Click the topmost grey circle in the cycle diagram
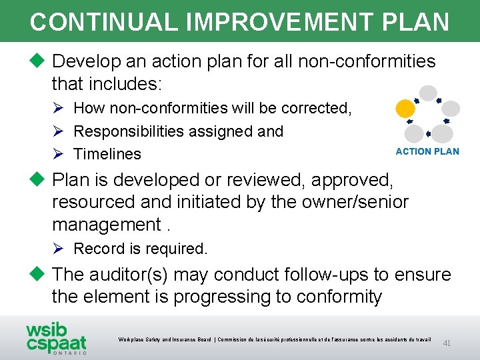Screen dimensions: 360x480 [428, 93]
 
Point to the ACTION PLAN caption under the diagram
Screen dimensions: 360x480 [427, 151]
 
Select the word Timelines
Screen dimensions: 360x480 [107, 154]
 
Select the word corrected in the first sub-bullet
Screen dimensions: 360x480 [315, 108]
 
